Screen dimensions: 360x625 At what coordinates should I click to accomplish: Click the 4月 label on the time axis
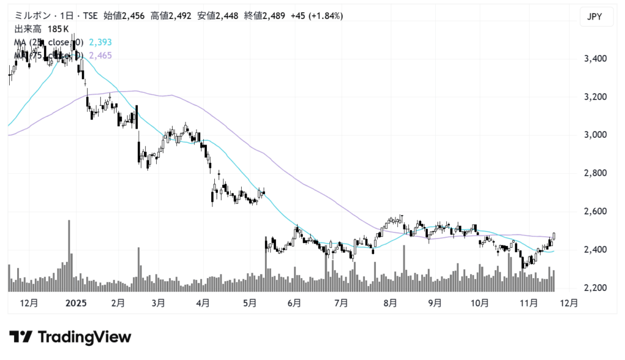pos(203,302)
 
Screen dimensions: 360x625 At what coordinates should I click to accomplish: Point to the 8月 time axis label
pos(391,302)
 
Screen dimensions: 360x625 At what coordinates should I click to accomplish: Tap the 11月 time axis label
pos(529,302)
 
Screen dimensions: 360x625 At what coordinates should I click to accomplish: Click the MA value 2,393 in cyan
pos(100,42)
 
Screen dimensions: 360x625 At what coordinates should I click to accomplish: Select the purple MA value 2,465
pos(100,56)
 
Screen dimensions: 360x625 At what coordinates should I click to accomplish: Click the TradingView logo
pos(70,337)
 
